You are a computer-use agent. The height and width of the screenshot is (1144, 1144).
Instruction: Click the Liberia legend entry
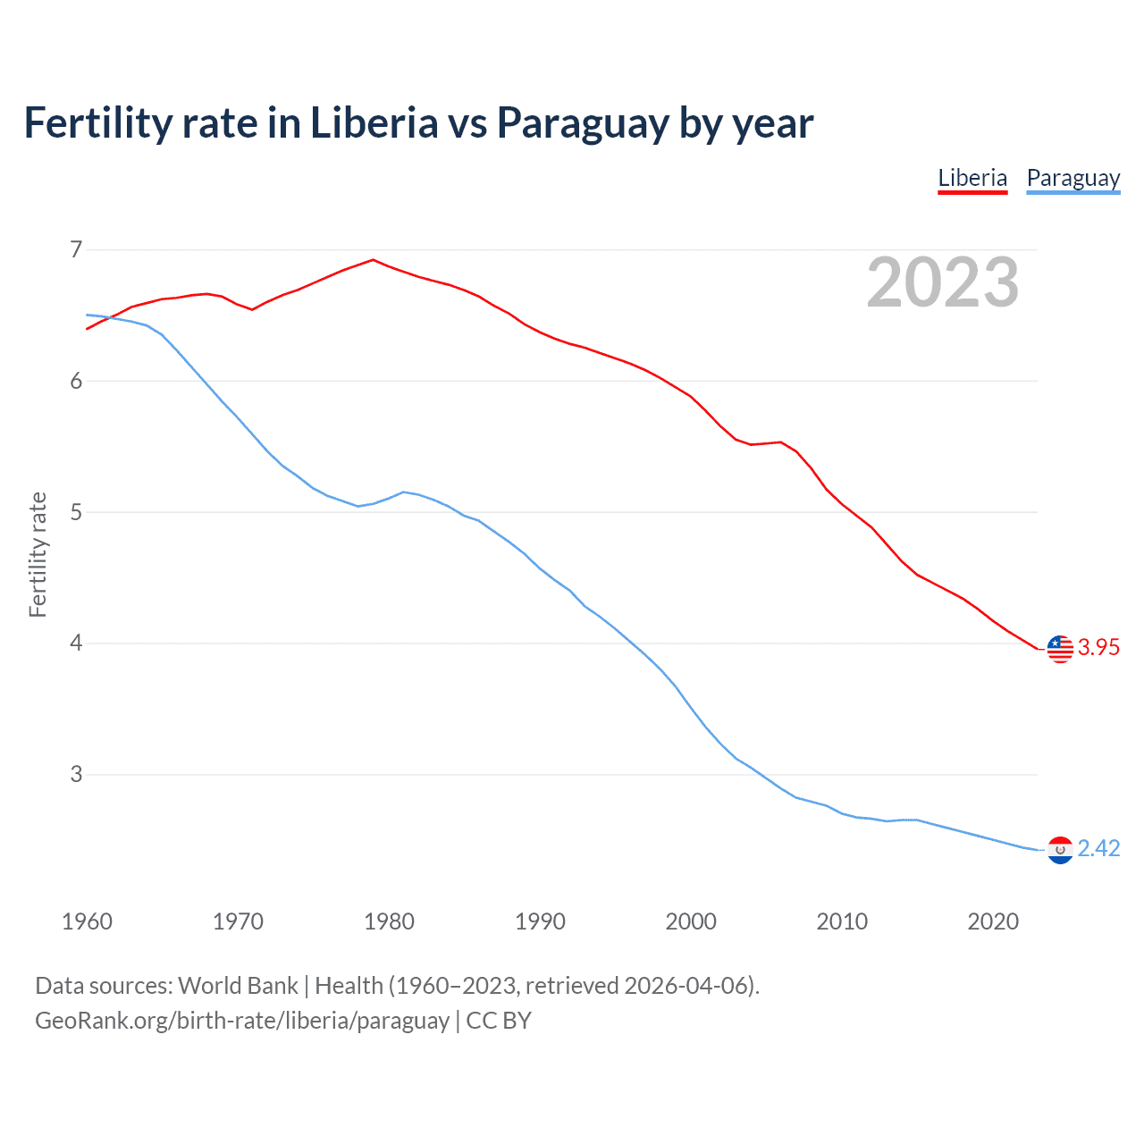[x=972, y=178]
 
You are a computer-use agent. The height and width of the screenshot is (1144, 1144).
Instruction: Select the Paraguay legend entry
[x=1072, y=178]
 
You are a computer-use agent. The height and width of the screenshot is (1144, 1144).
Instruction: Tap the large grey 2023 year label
[x=943, y=282]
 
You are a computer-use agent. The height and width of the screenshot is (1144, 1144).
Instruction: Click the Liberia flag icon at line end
[x=1060, y=649]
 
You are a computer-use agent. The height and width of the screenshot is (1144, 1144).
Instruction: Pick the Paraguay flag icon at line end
[x=1060, y=850]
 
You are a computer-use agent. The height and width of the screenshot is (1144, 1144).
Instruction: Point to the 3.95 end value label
[x=1098, y=648]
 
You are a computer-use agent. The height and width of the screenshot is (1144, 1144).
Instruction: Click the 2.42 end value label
[x=1098, y=849]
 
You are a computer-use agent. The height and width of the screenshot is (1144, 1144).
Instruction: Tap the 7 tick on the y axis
[x=76, y=249]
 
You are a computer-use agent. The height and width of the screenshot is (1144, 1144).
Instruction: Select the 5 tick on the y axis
[x=76, y=512]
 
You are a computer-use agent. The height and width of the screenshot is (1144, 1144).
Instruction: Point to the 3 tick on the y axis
[x=76, y=775]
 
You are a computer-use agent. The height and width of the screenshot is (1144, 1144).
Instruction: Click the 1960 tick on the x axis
[x=87, y=921]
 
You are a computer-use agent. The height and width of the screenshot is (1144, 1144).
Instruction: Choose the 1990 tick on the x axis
[x=540, y=921]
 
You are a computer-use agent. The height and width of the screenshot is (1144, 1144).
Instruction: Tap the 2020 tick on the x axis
[x=993, y=921]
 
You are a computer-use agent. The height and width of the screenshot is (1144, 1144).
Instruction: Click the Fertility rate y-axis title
[x=38, y=554]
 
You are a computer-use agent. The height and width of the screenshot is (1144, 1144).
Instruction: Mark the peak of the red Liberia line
[x=374, y=260]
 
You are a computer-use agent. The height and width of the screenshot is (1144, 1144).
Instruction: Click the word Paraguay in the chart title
[x=583, y=123]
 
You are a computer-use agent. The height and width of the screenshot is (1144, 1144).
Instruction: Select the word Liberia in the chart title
[x=374, y=123]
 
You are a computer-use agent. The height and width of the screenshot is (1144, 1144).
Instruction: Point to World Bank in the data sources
[x=238, y=986]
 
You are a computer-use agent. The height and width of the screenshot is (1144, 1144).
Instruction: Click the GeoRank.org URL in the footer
[x=241, y=1021]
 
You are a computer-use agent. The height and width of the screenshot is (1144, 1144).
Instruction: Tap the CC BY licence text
[x=499, y=1021]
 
